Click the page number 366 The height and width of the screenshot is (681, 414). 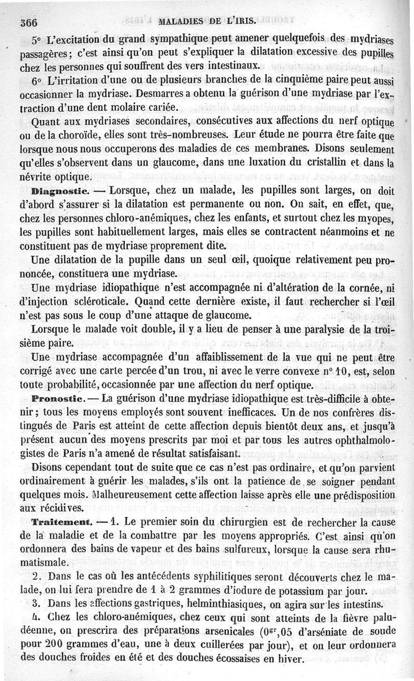[x=30, y=22]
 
